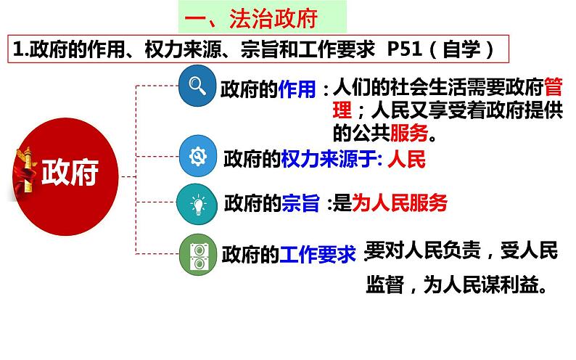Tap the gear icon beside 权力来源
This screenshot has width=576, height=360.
click(x=197, y=156)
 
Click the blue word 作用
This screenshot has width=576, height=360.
click(x=297, y=89)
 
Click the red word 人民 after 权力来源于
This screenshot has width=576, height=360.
click(x=407, y=158)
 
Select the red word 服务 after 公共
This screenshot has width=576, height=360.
click(x=408, y=134)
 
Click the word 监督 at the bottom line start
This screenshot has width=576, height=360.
click(x=385, y=285)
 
